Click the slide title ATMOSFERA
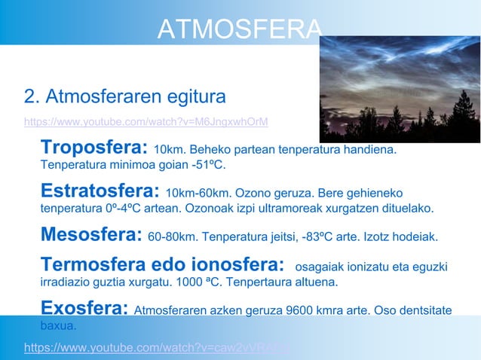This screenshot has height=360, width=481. tap(239, 29)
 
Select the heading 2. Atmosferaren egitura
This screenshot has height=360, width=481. tap(124, 97)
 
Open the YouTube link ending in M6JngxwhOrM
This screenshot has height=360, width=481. tap(146, 122)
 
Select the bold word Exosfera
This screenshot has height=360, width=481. tap(84, 308)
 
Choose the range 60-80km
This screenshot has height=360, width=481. tap(173, 237)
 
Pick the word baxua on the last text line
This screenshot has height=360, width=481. tap(58, 327)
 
